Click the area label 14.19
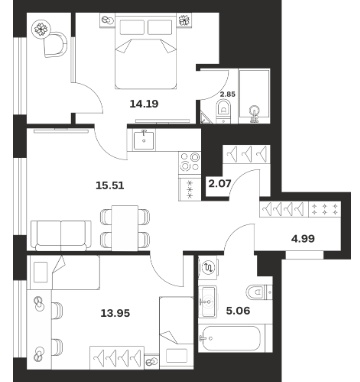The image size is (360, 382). pos(144,104)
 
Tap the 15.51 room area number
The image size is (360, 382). pos(110,185)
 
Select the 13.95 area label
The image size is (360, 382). pos(115,313)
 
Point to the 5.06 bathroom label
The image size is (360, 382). pos(238,311)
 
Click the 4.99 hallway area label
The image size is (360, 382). pos(303,239)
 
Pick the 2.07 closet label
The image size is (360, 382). pos(220,183)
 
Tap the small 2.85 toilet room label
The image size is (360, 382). pos(228,94)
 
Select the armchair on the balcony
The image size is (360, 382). pos(55,44)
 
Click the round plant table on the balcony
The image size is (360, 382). pos(41,29)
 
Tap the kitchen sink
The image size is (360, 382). pos(144,141)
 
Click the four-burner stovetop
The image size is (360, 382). pos(190,163)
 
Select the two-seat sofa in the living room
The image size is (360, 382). pos(61,235)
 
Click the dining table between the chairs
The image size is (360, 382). pos(125,228)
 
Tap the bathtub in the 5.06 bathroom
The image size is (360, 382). pos(230,338)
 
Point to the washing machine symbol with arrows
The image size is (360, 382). pos(209,267)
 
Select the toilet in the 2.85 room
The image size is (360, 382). pos(223,111)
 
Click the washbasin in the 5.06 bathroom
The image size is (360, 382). pos(208,301)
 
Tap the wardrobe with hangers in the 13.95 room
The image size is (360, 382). pos(117,358)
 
